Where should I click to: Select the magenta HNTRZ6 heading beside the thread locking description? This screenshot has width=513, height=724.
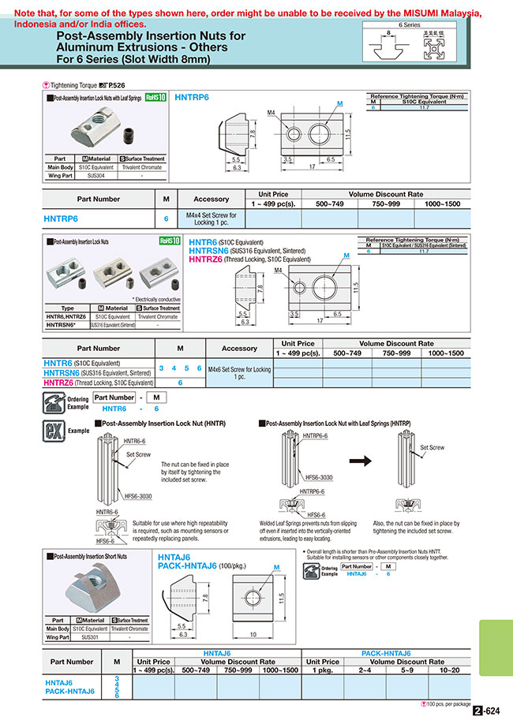(208, 259)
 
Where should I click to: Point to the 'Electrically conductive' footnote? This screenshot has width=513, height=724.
(156, 299)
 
